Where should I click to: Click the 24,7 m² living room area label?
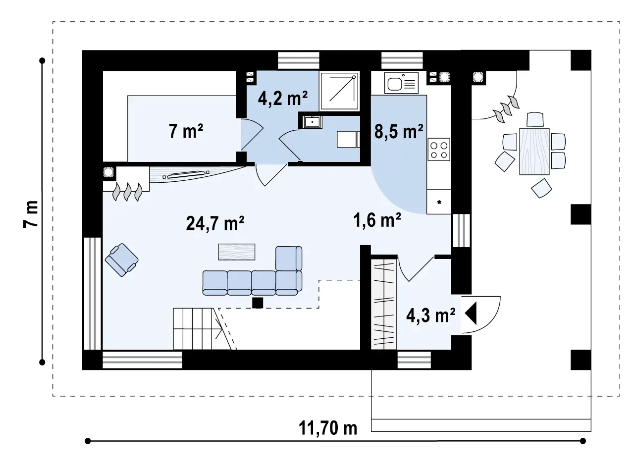click(215, 223)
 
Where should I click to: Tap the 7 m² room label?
click(186, 131)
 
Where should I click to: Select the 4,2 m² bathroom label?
click(283, 98)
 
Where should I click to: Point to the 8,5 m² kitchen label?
click(399, 131)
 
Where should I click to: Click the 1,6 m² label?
click(377, 220)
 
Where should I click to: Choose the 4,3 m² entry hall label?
click(431, 315)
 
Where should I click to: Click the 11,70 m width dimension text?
click(328, 428)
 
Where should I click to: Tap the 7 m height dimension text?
click(31, 214)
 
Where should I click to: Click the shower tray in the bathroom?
click(339, 91)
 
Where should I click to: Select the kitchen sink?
click(401, 83)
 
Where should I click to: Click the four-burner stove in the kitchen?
click(439, 149)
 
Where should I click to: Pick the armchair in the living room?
click(122, 260)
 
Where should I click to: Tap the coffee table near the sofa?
click(236, 252)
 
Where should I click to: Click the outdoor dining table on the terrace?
click(534, 151)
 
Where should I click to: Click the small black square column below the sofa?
click(258, 303)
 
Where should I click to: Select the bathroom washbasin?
click(313, 122)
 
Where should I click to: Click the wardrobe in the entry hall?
click(383, 304)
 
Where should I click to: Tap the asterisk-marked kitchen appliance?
click(439, 202)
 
